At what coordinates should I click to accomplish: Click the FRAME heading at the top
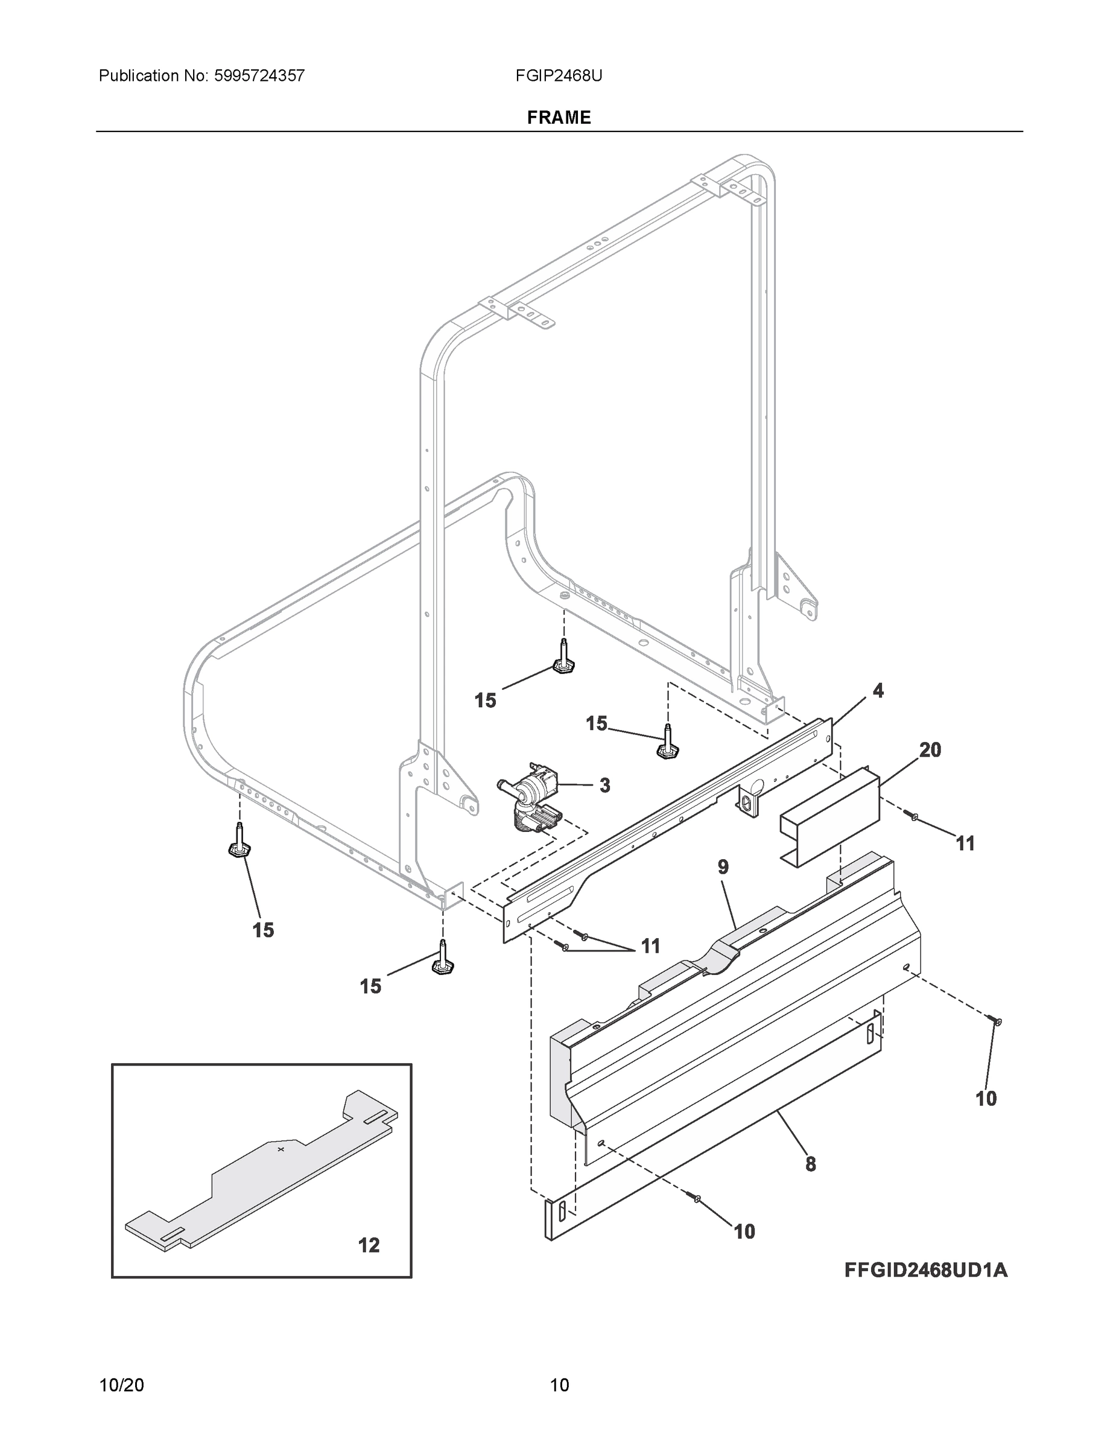point(559,118)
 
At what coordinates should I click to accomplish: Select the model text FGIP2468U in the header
point(559,75)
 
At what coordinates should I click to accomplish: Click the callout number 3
point(604,786)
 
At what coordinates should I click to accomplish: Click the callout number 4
point(878,691)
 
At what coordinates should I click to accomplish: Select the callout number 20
point(930,750)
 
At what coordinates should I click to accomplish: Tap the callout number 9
point(723,866)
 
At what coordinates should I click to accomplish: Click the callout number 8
point(810,1164)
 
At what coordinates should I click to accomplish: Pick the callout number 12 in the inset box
point(369,1245)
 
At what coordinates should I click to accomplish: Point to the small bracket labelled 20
point(829,817)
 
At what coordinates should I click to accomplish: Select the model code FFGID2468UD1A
point(925,1269)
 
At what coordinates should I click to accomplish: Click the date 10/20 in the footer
point(121,1385)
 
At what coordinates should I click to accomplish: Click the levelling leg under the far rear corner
point(564,659)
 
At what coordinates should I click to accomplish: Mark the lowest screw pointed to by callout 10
point(697,1198)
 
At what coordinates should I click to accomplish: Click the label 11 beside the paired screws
point(650,946)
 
